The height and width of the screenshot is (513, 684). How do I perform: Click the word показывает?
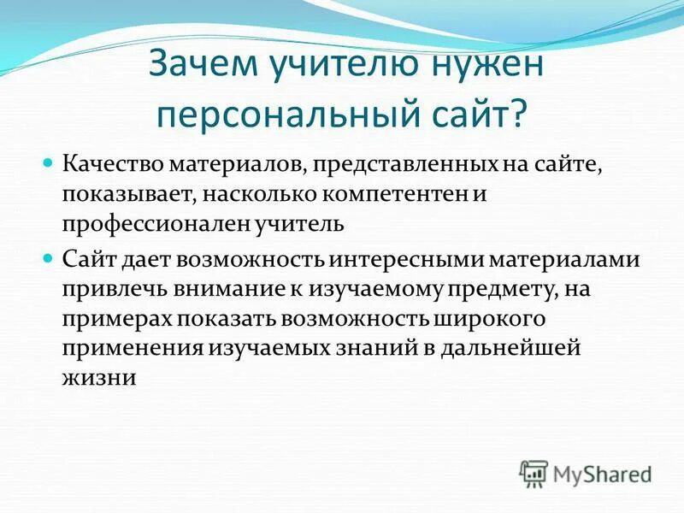(x=129, y=194)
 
